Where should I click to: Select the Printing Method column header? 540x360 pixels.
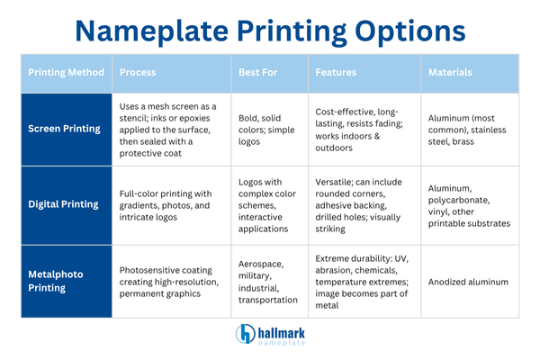(x=66, y=72)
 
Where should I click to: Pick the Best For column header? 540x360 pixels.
(x=258, y=72)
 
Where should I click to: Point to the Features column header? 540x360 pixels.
(x=337, y=72)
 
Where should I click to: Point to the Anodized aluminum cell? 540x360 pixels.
(x=469, y=282)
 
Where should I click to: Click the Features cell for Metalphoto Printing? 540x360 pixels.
(x=364, y=282)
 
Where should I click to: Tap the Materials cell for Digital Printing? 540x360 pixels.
(x=469, y=204)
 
